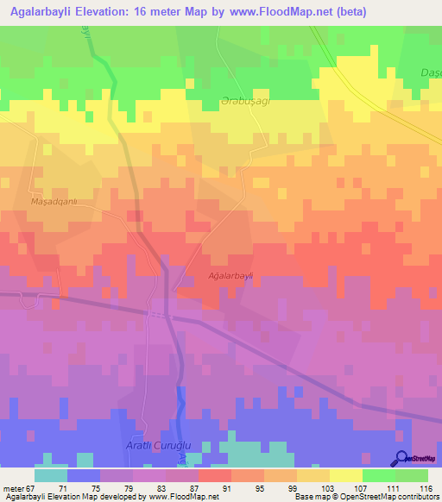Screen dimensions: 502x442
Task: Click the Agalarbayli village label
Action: tap(230, 276)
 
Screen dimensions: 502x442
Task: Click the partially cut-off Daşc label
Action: tap(430, 72)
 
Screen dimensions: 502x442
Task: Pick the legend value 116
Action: tap(426, 487)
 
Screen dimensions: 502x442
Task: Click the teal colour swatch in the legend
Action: tap(51, 475)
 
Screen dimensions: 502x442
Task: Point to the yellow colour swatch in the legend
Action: tap(345, 475)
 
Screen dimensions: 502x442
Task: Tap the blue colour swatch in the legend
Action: tap(84, 475)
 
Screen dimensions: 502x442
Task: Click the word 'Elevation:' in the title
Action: tap(122, 12)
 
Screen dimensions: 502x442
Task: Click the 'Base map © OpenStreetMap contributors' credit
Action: tap(364, 497)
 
